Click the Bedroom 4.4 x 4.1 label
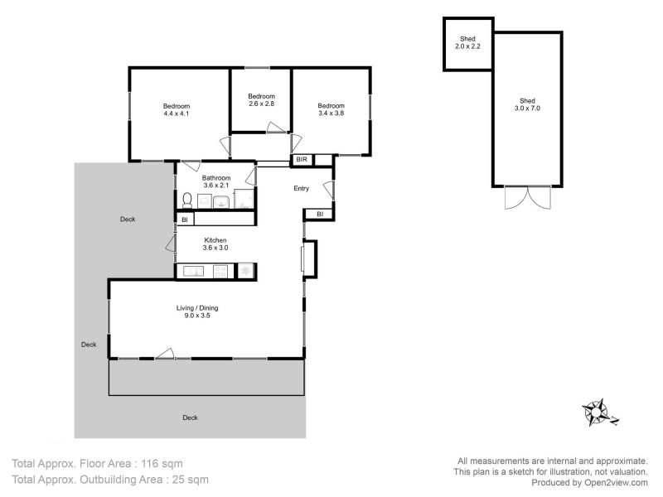[176, 110]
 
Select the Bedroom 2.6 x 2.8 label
[261, 100]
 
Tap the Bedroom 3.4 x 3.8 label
[331, 110]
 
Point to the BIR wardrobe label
[301, 159]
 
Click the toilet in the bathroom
[187, 200]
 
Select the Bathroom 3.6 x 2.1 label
[215, 181]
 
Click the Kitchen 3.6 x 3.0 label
[215, 244]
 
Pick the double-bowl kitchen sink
[193, 271]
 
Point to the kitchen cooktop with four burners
[221, 271]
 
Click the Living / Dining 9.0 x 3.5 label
[197, 311]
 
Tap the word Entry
[301, 189]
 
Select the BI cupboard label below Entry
[319, 215]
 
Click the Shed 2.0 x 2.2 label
[467, 43]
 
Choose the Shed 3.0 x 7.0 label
[527, 104]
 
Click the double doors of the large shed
[527, 199]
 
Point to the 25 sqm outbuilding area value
[188, 480]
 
